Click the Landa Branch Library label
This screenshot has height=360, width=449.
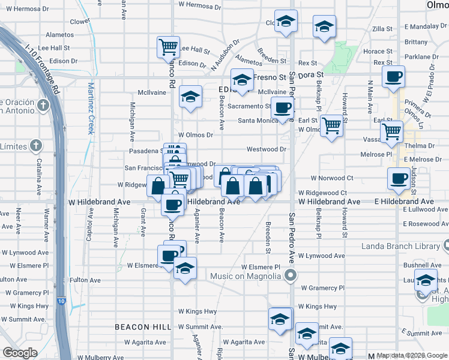[x=397, y=247]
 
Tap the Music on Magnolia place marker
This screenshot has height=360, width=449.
[x=291, y=276]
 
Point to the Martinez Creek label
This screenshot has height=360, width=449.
[x=91, y=108]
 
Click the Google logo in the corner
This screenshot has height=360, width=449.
[x=20, y=353]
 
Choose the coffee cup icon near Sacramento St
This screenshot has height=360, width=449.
[x=282, y=108]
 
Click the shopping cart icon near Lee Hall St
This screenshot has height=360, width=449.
[x=169, y=46]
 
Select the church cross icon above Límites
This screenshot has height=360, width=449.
[x=36, y=145]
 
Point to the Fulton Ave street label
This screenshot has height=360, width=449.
[x=85, y=280]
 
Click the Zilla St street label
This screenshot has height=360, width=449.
[x=382, y=29]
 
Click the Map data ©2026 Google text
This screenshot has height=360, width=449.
[x=412, y=356]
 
